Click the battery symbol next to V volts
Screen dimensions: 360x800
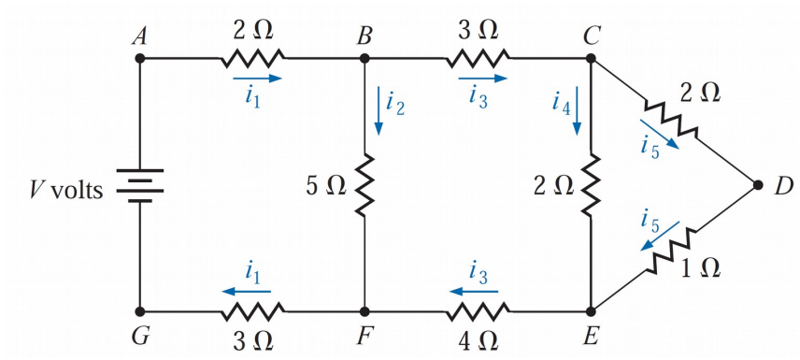click(x=139, y=185)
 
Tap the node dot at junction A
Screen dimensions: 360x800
click(x=139, y=58)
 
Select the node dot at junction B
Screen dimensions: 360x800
click(x=365, y=58)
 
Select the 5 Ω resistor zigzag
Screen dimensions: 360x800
click(x=365, y=185)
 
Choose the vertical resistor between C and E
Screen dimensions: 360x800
click(x=591, y=185)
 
